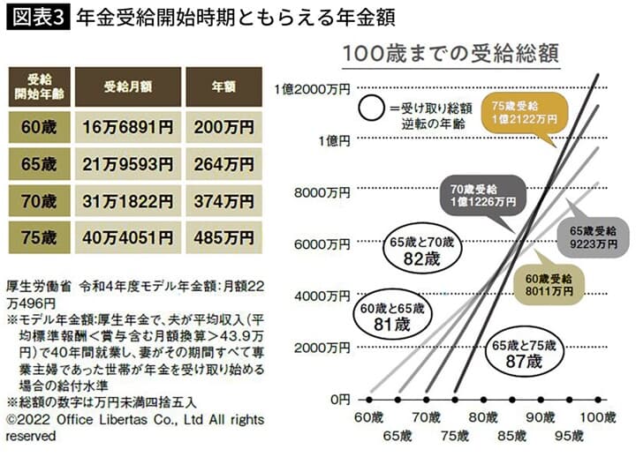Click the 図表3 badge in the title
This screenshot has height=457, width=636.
[38, 18]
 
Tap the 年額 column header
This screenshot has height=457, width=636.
[223, 86]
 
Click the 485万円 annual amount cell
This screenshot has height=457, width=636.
[223, 237]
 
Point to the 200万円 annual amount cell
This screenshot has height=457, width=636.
[223, 126]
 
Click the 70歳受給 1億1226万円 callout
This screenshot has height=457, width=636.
[481, 195]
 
